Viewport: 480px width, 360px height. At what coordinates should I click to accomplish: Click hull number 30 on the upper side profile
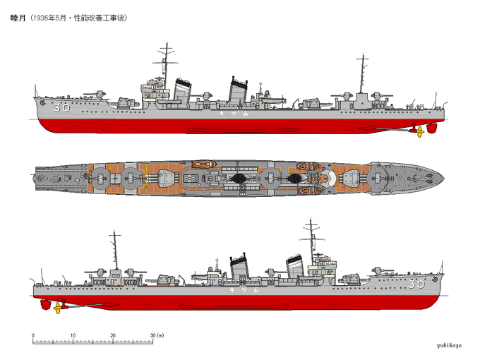pos(61,108)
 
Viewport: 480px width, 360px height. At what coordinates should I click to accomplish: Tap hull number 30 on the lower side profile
pos(416,284)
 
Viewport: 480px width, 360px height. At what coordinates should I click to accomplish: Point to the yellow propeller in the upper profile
pos(420,131)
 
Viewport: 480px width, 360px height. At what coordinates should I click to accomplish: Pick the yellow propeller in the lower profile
pos(56,306)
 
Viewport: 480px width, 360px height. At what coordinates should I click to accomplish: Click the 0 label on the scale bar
pos(33,335)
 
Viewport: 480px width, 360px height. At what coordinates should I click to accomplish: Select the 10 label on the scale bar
pos(73,335)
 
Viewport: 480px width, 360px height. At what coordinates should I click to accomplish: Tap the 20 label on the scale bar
pos(113,335)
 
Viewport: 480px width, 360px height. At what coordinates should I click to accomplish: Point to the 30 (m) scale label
pos(157,335)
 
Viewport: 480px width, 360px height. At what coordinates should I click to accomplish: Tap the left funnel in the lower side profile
pos(241,269)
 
